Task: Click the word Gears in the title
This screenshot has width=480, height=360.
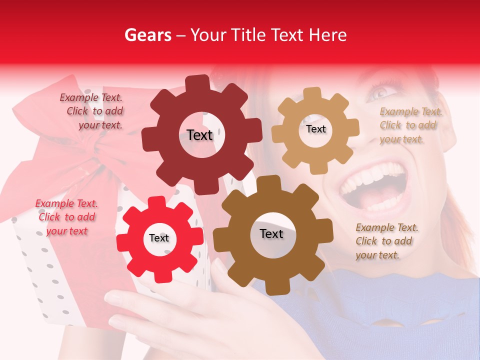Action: tap(147, 35)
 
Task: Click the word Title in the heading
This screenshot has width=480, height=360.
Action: tap(246, 35)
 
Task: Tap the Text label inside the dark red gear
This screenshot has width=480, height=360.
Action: tap(199, 135)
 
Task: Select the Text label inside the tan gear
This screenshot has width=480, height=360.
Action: tap(315, 129)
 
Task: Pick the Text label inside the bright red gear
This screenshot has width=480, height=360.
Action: tap(159, 238)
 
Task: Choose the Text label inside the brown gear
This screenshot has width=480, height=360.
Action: tap(271, 234)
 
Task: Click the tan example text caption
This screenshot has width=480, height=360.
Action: tap(410, 125)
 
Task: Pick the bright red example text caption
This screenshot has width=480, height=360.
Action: tap(66, 217)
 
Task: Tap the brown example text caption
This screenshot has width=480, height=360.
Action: tap(386, 241)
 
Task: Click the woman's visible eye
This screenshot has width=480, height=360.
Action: tap(381, 92)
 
